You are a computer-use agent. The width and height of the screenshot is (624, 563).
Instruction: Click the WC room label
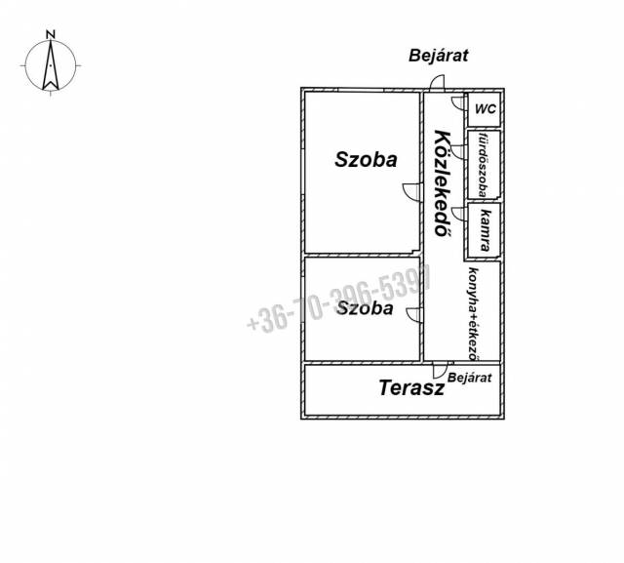pyautogui.click(x=486, y=108)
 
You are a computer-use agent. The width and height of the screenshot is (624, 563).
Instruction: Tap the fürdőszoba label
pyautogui.click(x=484, y=165)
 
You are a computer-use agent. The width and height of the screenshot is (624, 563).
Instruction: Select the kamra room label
pyautogui.click(x=486, y=230)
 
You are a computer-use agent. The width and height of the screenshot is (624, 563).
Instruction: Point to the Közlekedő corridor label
pyautogui.click(x=443, y=183)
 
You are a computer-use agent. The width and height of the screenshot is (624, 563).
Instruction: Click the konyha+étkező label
pyautogui.click(x=474, y=314)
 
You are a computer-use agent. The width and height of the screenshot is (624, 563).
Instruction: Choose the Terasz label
pyautogui.click(x=411, y=387)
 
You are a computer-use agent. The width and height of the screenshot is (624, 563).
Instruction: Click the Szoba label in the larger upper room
pyautogui.click(x=366, y=160)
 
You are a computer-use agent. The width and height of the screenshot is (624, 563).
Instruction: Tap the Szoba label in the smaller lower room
pyautogui.click(x=365, y=308)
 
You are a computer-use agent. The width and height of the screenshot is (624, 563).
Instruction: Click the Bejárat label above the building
pyautogui.click(x=438, y=56)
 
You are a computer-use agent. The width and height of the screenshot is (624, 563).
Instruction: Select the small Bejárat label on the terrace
pyautogui.click(x=470, y=378)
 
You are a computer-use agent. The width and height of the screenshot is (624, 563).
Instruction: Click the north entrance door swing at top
pyautogui.click(x=437, y=82)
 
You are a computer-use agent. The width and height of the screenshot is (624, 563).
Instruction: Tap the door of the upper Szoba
pyautogui.click(x=412, y=192)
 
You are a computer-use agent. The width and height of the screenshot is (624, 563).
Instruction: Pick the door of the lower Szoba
pyautogui.click(x=413, y=314)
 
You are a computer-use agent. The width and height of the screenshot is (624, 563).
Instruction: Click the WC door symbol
pyautogui.click(x=458, y=102)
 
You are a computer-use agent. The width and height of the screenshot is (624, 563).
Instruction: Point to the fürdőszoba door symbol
pyautogui.click(x=458, y=152)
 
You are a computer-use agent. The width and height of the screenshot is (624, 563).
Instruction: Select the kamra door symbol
pyautogui.click(x=458, y=214)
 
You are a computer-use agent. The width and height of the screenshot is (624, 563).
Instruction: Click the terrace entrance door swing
pyautogui.click(x=440, y=370)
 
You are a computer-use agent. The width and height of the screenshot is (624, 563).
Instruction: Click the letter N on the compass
pyautogui.click(x=50, y=35)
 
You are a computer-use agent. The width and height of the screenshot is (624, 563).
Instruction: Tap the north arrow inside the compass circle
pyautogui.click(x=51, y=65)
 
